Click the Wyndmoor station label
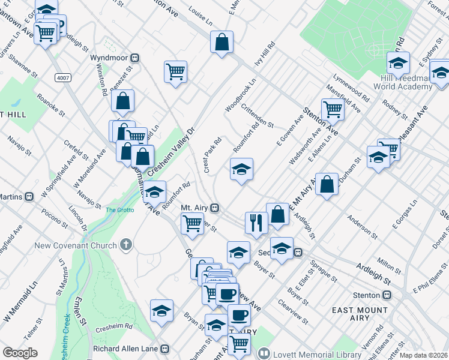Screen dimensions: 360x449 (x=110, y=58)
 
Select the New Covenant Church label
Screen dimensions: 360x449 (x=83, y=245)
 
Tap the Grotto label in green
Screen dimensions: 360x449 (x=119, y=210)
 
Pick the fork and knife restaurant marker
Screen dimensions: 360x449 (x=256, y=223)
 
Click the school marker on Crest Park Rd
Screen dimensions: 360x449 (x=241, y=169)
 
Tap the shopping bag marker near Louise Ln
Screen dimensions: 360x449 (x=221, y=42)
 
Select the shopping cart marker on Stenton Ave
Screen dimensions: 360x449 (x=332, y=109)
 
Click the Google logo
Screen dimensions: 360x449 (x=20, y=353)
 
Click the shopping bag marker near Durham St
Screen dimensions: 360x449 (x=327, y=185)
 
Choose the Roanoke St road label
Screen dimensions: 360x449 (x=50, y=100)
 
